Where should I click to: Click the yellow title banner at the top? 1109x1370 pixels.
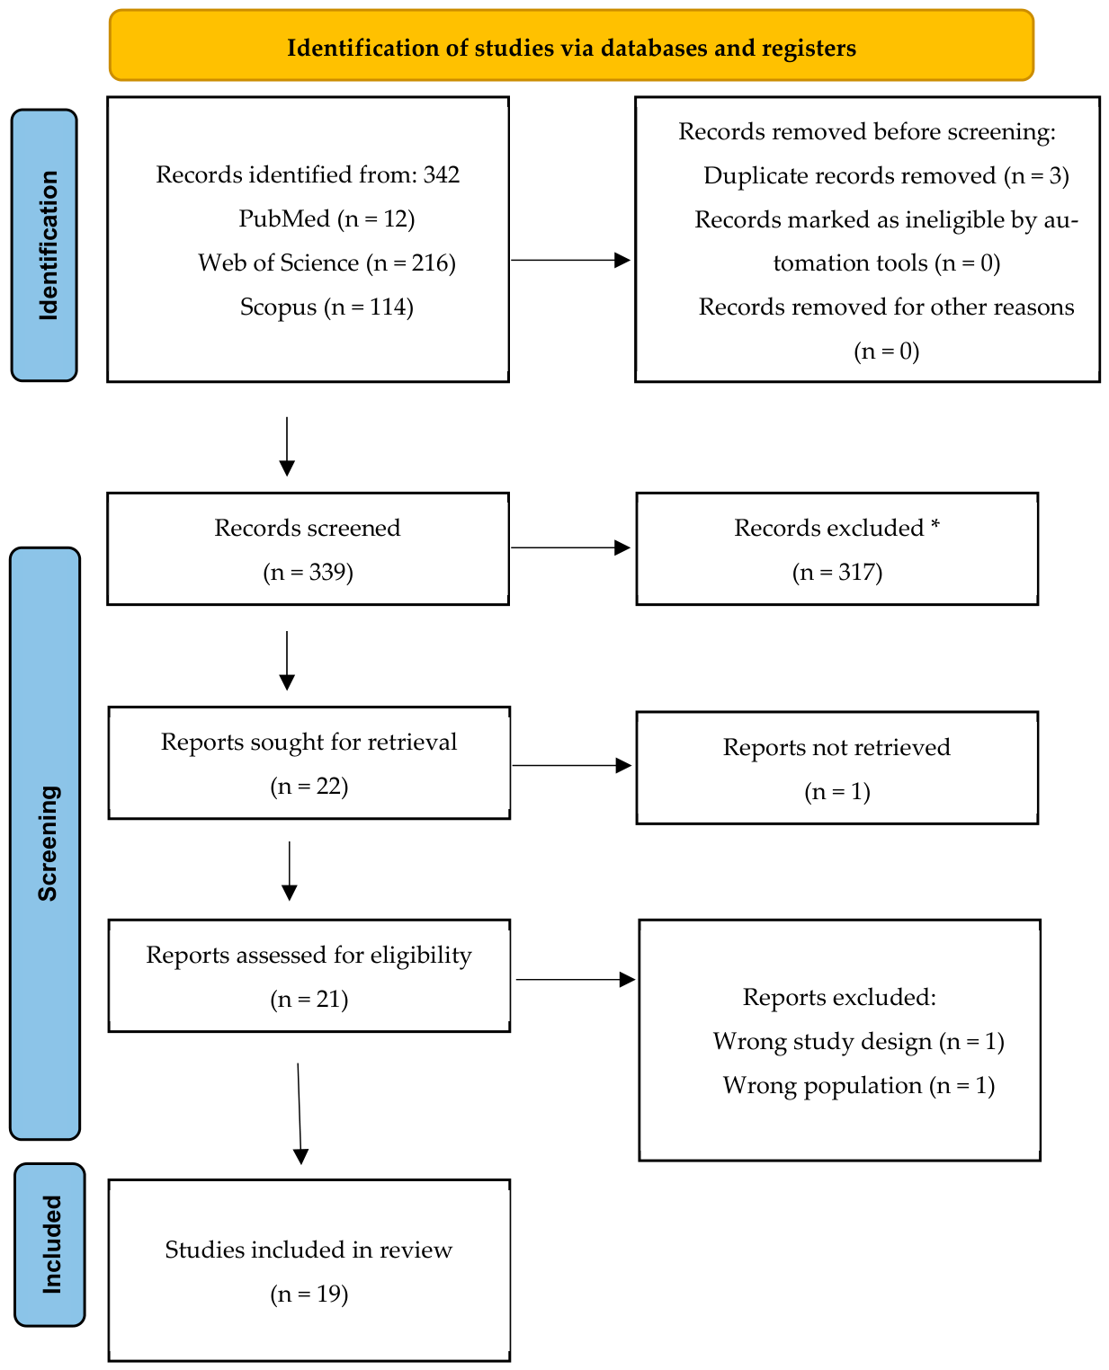pos(570,45)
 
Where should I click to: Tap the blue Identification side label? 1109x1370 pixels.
pos(44,245)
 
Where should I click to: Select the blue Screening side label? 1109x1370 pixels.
pos(45,842)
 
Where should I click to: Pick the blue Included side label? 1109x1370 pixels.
pos(49,1244)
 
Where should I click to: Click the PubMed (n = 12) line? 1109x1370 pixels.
pos(326,218)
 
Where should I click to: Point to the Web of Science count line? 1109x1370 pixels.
pos(326,263)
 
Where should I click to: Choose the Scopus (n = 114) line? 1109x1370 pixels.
pos(326,307)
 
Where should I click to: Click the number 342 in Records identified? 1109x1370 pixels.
pos(441,174)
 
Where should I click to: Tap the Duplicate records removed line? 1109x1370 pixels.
pos(886,175)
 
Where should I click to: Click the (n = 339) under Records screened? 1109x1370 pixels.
pos(308,572)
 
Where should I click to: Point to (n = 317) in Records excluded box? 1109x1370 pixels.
pos(836,572)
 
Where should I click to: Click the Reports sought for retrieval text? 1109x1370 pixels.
pos(309,743)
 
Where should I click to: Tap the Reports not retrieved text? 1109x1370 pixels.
pos(836,747)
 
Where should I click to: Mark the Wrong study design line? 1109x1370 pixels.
pos(858,1041)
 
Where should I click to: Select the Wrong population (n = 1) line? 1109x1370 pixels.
pos(858,1086)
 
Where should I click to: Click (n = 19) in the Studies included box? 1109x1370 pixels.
pos(309,1294)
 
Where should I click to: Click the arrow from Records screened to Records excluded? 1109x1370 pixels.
pos(570,547)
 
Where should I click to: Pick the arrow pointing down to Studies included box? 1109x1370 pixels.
pos(300,1114)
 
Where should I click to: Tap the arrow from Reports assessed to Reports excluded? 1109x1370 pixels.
pos(576,980)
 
